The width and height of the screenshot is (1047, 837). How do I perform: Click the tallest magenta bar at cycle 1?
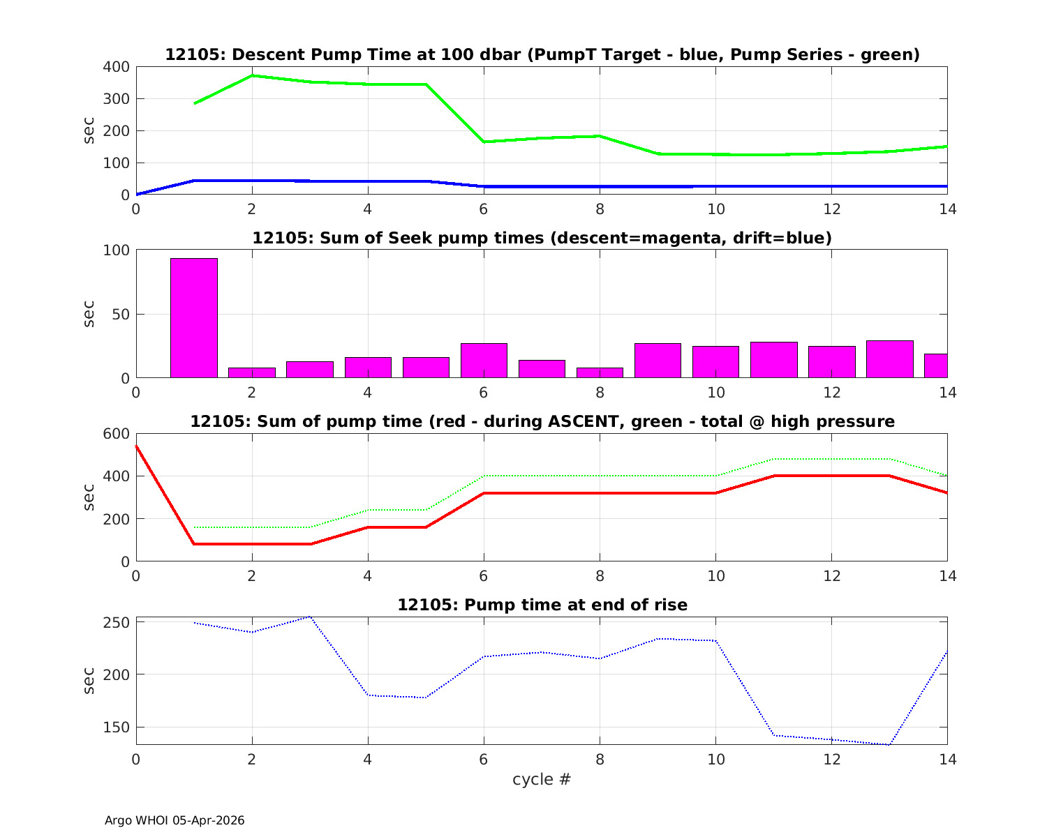tap(194, 318)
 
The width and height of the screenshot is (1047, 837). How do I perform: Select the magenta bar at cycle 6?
tap(484, 361)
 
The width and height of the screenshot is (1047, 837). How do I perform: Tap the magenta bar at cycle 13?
tap(889, 359)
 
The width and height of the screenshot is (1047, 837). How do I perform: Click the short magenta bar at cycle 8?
tap(600, 372)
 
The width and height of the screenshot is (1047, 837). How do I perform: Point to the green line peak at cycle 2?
tap(252, 75)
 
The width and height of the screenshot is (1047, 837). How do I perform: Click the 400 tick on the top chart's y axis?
tap(117, 67)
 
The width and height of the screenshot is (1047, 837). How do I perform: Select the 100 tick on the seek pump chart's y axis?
tap(117, 250)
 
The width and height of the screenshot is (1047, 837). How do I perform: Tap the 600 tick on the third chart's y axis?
tap(117, 434)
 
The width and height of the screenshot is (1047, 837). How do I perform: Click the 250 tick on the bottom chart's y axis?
tap(117, 622)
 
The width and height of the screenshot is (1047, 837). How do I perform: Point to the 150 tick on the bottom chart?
tap(117, 727)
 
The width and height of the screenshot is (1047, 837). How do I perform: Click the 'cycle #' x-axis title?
tap(542, 779)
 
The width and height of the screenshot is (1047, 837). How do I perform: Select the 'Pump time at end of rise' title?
tap(542, 605)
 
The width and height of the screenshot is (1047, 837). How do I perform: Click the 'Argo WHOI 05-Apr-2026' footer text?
tap(174, 820)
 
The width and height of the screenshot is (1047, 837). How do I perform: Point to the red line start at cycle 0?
tap(137, 446)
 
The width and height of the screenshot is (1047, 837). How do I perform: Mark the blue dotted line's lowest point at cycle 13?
tap(889, 744)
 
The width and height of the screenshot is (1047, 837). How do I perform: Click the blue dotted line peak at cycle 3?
tap(310, 617)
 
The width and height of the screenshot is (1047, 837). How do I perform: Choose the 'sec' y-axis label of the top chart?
tap(89, 130)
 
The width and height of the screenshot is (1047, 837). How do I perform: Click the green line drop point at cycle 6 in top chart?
tap(484, 142)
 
